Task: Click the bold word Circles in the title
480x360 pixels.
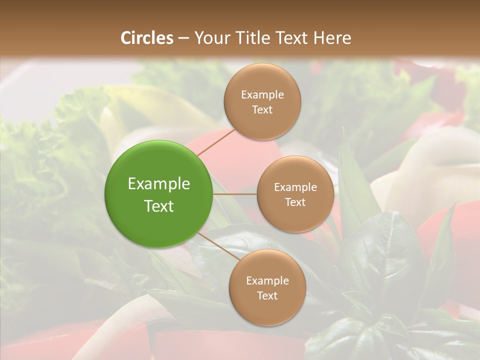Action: click(147, 38)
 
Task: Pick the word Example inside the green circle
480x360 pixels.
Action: click(159, 184)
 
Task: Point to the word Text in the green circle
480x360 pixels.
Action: click(159, 206)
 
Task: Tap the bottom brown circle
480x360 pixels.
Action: click(267, 310)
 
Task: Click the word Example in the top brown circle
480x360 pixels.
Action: click(262, 94)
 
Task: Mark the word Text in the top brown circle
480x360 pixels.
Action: click(262, 109)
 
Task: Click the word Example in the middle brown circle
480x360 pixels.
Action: click(295, 187)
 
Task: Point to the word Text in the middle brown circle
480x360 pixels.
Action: click(295, 202)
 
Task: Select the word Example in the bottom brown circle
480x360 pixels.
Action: click(267, 280)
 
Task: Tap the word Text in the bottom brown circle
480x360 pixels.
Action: click(267, 295)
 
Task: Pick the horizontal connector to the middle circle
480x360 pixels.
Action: click(235, 194)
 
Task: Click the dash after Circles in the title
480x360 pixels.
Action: click(183, 38)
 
